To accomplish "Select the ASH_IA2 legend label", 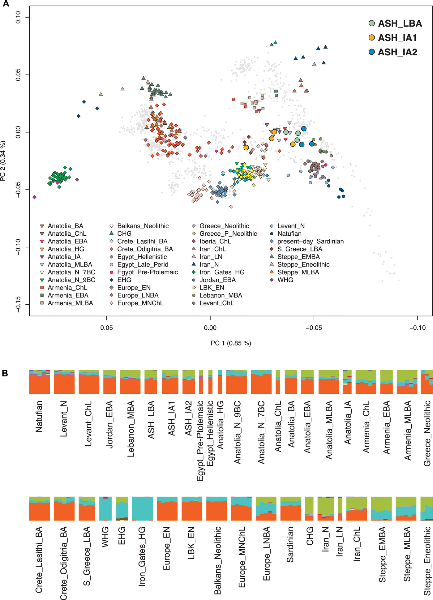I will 397,52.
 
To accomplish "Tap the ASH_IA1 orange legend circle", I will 372,38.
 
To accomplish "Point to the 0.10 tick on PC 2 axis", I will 19,17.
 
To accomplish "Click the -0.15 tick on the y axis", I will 19,304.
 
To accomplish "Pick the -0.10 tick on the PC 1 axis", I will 418,328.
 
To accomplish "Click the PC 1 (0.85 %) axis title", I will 231,343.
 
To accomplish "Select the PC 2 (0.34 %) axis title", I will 3,161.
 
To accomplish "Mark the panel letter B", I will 5,373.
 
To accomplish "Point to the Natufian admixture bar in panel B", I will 39,382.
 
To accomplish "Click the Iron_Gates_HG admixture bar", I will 142,508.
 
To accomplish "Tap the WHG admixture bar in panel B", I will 105,508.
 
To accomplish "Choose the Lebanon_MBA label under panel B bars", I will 131,429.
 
